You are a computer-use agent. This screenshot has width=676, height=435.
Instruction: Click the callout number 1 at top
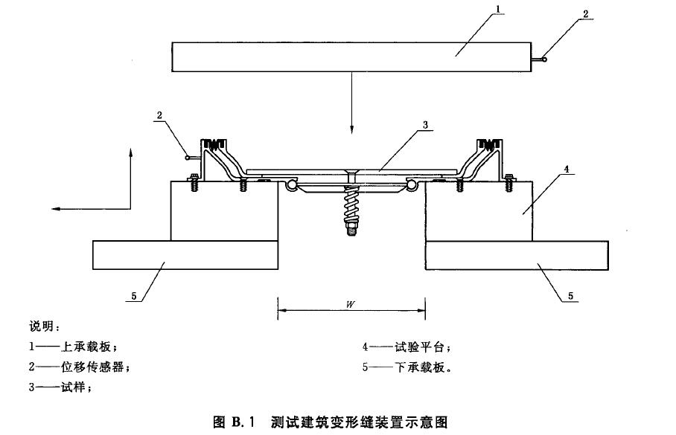(498, 9)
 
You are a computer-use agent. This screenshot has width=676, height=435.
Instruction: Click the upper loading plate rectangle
(351, 57)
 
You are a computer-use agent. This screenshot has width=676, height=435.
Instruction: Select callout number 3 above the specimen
(425, 125)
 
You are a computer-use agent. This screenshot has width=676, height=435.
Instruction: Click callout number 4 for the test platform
(567, 170)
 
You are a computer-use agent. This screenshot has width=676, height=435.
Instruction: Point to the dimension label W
(351, 305)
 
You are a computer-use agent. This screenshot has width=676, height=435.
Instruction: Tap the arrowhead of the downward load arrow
(352, 129)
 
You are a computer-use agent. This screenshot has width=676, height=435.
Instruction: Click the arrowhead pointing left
(56, 209)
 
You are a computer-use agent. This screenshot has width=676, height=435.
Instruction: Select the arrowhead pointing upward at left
(130, 152)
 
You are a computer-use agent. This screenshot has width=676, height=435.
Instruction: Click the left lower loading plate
(185, 255)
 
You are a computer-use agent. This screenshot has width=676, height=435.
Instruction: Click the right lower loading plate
(517, 255)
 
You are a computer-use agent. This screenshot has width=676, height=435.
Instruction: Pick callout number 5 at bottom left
(134, 296)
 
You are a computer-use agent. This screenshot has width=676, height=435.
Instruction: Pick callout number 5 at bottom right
(570, 296)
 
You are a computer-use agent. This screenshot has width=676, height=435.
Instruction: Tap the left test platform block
(224, 211)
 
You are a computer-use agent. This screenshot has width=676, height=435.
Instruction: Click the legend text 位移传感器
(93, 367)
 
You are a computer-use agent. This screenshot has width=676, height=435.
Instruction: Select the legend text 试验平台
(419, 347)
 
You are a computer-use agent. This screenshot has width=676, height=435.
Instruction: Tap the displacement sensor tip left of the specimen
(188, 157)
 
